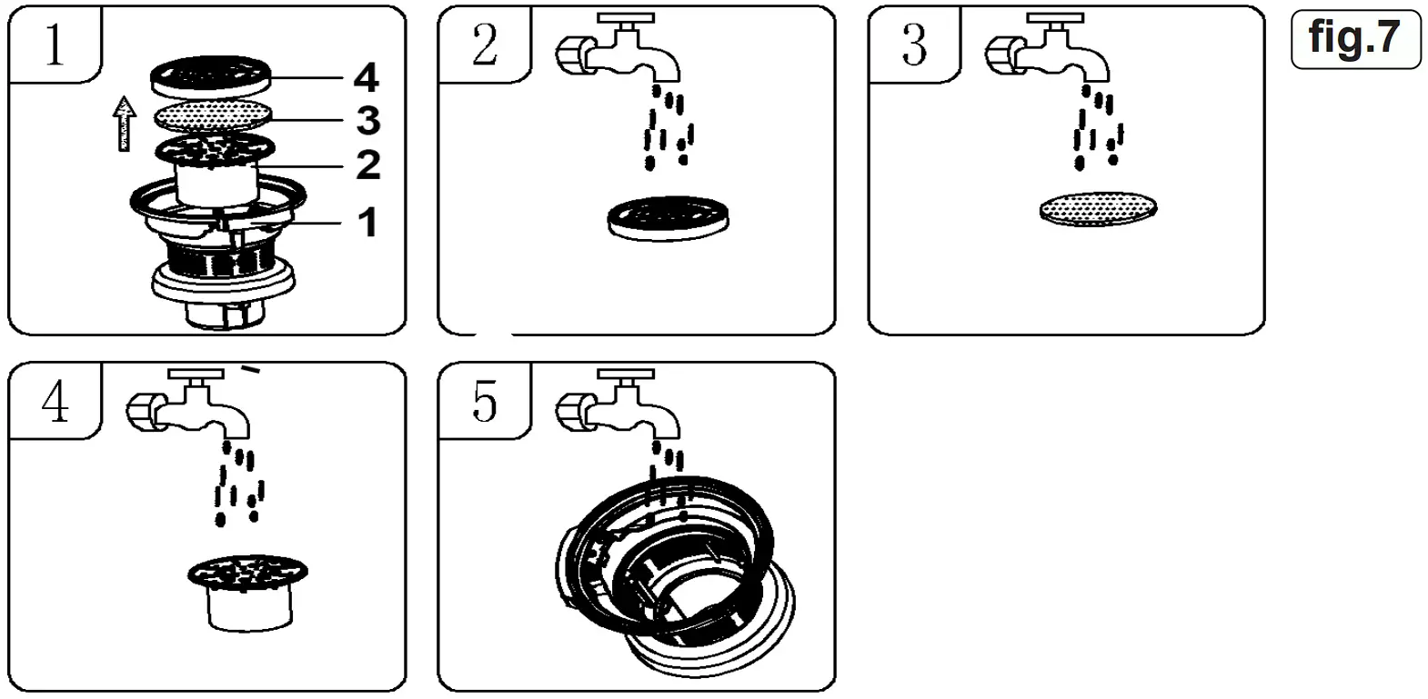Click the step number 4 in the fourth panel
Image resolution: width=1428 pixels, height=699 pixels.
(x=55, y=401)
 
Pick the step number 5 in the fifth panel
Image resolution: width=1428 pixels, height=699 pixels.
(x=485, y=401)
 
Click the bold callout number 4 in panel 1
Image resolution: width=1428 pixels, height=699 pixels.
(x=366, y=78)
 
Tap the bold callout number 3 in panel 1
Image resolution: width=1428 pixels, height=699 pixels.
(x=367, y=121)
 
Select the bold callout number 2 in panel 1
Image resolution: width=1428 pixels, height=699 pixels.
(x=367, y=165)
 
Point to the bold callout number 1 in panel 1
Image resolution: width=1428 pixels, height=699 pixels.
(x=367, y=223)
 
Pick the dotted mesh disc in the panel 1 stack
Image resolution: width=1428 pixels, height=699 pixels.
(x=212, y=116)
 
